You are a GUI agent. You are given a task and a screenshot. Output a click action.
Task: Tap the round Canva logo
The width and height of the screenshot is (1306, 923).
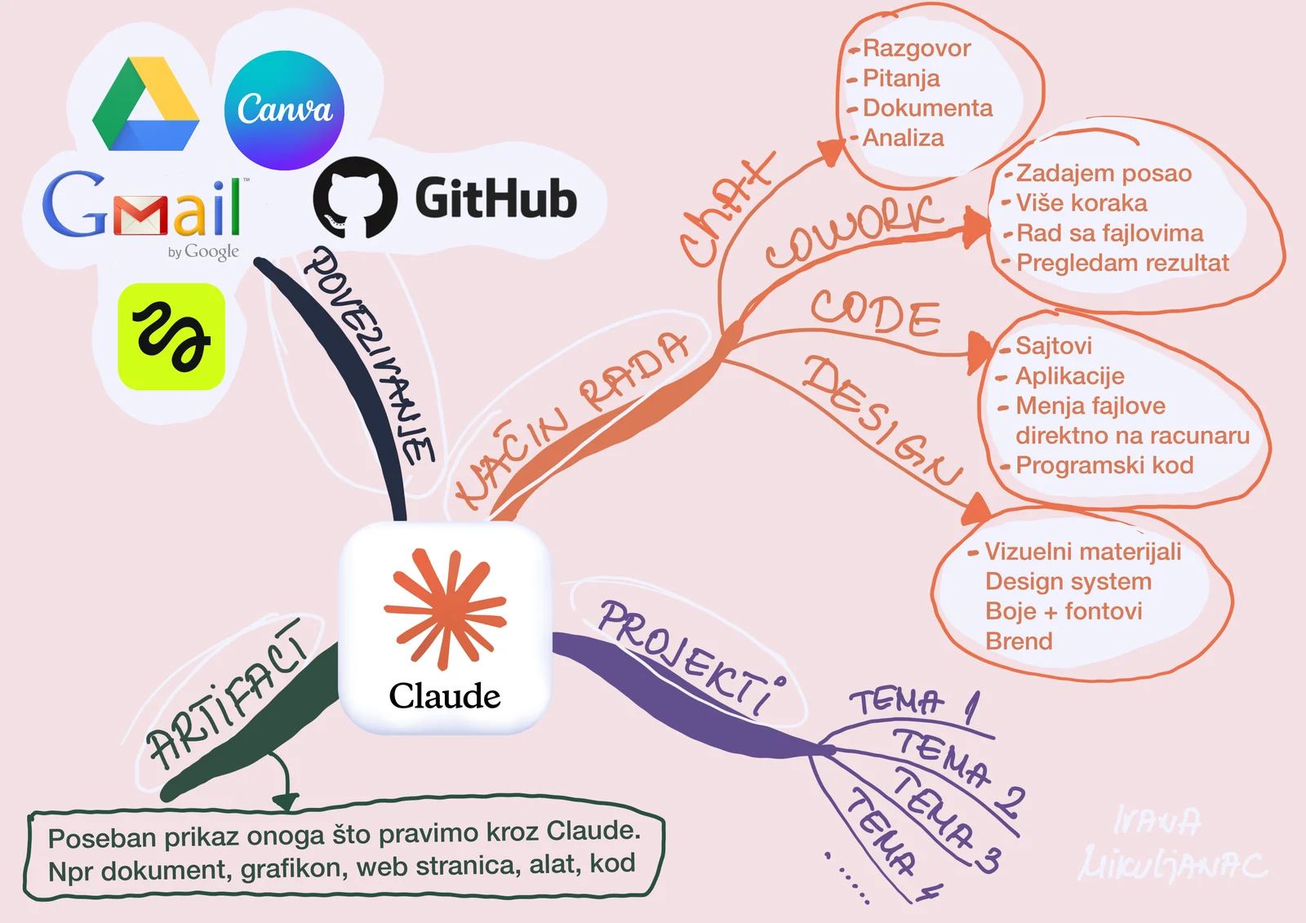(285, 109)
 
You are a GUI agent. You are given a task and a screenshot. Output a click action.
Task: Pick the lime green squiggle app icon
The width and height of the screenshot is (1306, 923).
(171, 336)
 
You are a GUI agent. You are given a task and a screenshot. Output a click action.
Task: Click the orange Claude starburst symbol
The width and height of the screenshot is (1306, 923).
(445, 608)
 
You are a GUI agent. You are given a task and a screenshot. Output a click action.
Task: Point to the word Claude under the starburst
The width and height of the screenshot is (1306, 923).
(444, 695)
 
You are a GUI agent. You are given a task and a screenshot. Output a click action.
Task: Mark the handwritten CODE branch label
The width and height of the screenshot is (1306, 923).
(876, 313)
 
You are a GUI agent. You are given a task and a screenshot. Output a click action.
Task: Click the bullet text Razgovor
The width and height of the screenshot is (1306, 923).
(917, 48)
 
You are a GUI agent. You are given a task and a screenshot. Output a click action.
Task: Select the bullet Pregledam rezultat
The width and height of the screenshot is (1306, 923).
(1122, 263)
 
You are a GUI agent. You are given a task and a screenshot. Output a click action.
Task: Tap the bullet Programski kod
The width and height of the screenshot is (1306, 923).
(1104, 465)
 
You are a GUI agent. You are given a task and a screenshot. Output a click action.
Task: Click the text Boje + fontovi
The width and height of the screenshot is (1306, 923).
(1064, 611)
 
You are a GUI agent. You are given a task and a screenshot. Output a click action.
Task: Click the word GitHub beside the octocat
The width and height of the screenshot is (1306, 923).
(496, 198)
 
